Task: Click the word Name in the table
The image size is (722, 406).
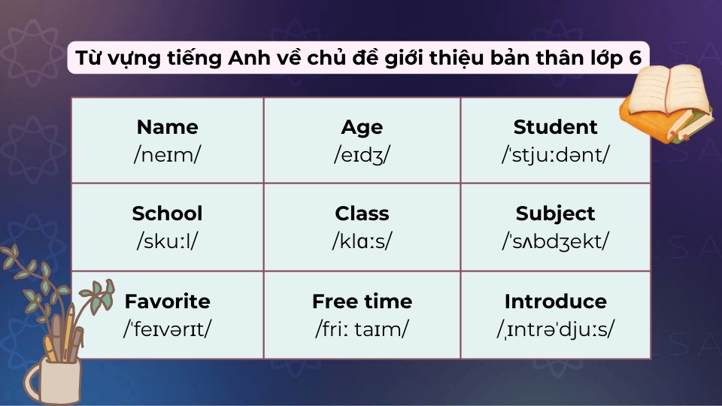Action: click(167, 127)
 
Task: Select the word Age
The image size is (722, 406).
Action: click(362, 127)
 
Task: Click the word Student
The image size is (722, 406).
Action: click(555, 127)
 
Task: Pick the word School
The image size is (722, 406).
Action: click(167, 214)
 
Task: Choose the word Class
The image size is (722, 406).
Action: click(362, 214)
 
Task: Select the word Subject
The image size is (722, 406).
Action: click(555, 214)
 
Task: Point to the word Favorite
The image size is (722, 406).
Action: click(167, 301)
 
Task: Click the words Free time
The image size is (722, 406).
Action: click(362, 301)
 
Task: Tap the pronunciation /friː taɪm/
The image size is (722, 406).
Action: click(362, 329)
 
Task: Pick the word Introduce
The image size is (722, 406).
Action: click(555, 301)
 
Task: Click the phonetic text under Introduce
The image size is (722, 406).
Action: click(555, 329)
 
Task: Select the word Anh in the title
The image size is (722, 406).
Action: click(253, 58)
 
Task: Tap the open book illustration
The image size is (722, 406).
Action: click(666, 101)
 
